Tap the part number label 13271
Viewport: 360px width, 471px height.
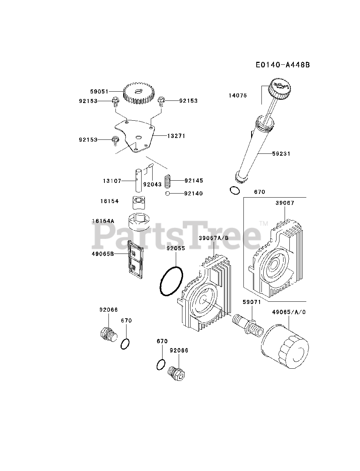point(176,136)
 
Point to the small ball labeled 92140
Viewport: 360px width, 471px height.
point(167,194)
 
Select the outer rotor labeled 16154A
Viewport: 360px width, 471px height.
point(139,222)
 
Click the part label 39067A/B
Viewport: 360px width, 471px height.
point(213,238)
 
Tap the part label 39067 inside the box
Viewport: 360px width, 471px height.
point(285,203)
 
